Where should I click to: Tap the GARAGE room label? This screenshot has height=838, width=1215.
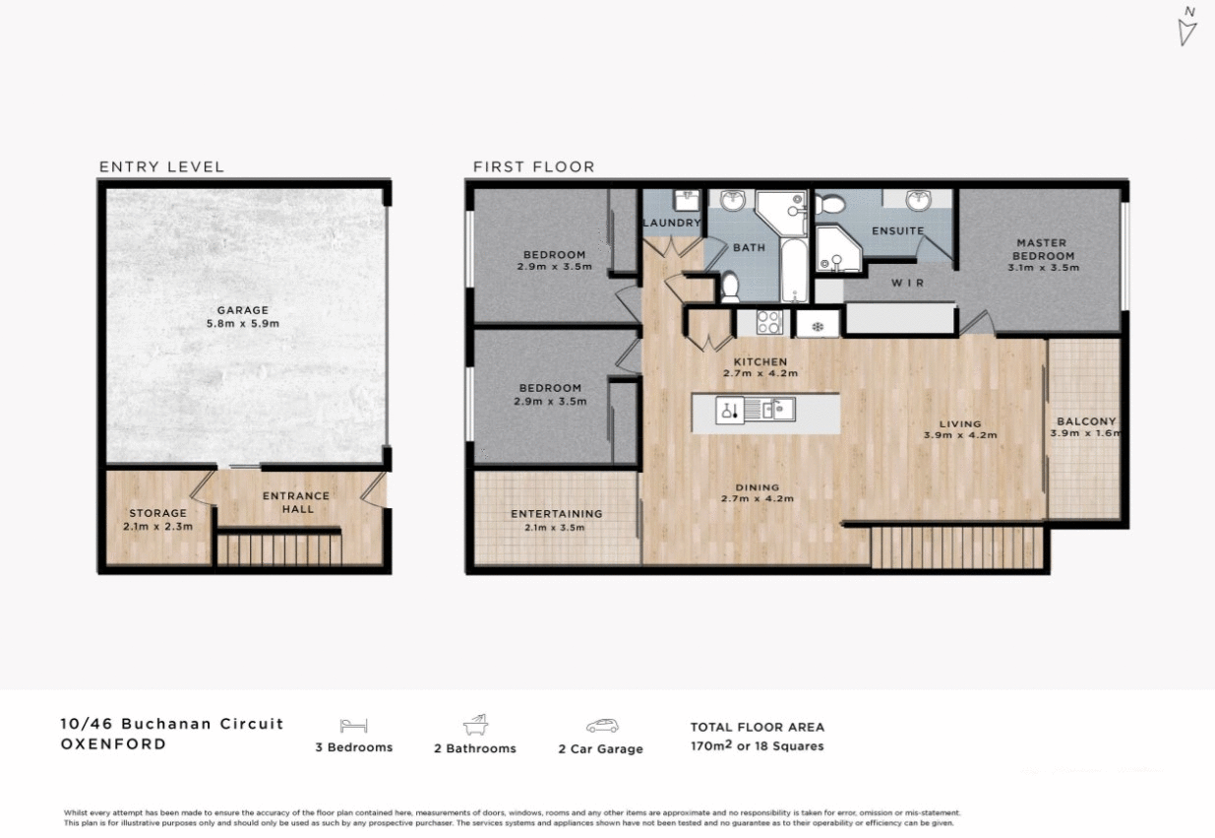click(x=242, y=310)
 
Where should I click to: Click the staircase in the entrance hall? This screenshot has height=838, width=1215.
click(x=278, y=548)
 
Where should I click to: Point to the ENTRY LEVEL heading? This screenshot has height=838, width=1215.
click(x=161, y=166)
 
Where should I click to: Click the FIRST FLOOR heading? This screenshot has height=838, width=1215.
click(x=533, y=166)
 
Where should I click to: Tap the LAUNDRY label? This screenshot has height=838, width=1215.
click(x=672, y=224)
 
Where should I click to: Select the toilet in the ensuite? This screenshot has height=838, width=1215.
click(x=831, y=205)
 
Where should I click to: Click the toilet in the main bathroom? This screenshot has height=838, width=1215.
click(x=730, y=287)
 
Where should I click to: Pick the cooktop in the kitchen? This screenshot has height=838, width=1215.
click(x=768, y=322)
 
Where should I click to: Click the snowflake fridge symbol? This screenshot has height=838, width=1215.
click(x=817, y=323)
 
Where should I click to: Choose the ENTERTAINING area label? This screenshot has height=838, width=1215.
click(x=556, y=514)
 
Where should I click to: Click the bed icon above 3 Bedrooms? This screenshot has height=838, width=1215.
click(x=353, y=726)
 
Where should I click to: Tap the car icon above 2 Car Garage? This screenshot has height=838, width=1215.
click(x=601, y=726)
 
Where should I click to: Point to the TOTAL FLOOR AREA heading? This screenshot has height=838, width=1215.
click(x=757, y=727)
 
